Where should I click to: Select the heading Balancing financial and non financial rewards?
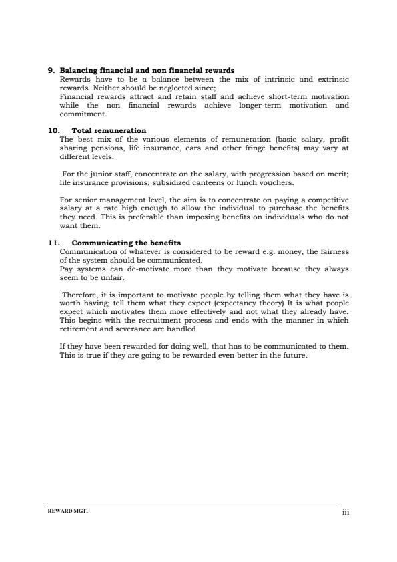coord(147,70)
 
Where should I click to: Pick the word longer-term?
coord(259,106)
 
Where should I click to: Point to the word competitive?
coord(328,200)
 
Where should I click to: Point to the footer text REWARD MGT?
coord(67,510)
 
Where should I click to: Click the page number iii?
coord(345,512)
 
